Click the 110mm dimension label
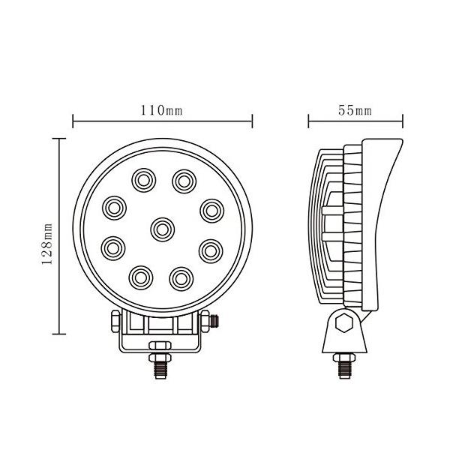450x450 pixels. click(162, 110)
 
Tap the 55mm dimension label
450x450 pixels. click(355, 110)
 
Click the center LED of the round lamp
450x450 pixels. click(162, 226)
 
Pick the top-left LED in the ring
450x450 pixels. click(142, 180)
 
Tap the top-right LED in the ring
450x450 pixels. click(182, 180)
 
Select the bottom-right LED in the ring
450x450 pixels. click(180, 277)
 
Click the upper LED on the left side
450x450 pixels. click(114, 206)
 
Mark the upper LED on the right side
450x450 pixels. click(211, 207)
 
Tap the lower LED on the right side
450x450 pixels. click(211, 247)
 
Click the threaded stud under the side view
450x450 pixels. click(345, 365)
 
